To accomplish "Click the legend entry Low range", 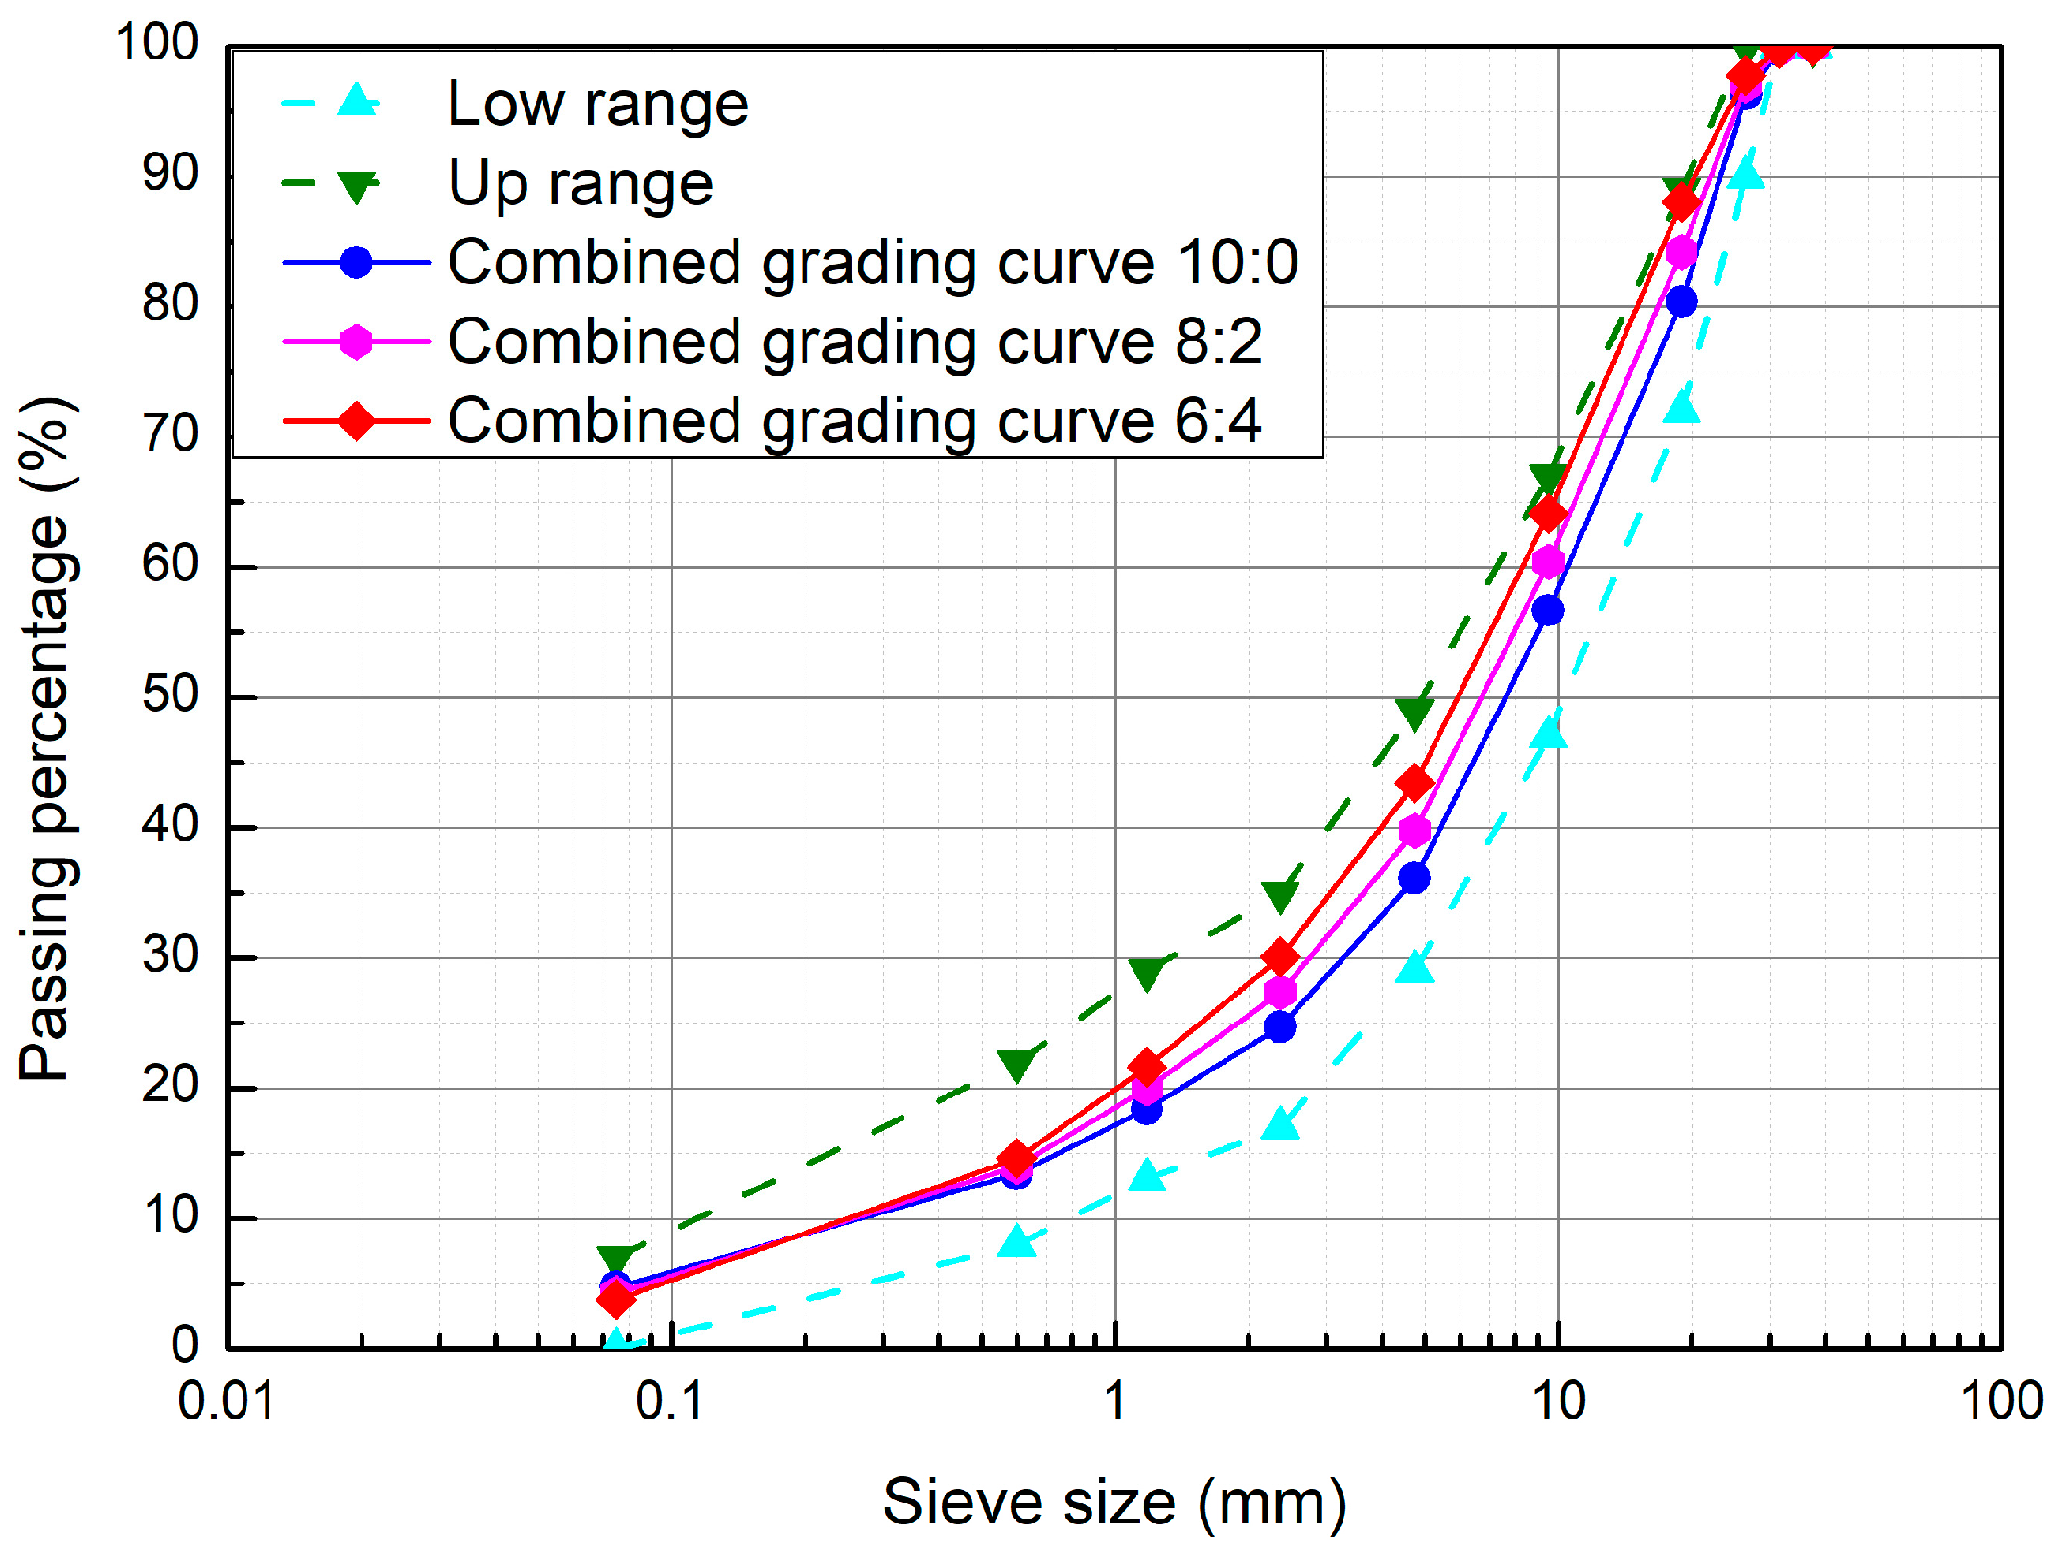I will pos(596,104).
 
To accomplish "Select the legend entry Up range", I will pos(580,183).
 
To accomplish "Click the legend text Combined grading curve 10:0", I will pos(872,262).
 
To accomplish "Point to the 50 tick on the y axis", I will pos(170,695).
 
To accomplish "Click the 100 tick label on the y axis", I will pos(156,43).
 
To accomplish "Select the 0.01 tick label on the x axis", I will pos(226,1401).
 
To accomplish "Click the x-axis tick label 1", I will pos(1114,1401).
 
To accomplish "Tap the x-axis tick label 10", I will pos(1558,1401).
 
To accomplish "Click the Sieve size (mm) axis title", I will pos(1114,1501).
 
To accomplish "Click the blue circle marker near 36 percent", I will pos(1414,878).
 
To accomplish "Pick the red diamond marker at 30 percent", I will pos(1280,957).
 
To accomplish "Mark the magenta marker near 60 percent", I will pos(1548,562).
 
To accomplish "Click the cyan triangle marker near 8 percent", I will pos(1016,1242).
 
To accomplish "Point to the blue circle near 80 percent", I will pos(1681,301).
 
